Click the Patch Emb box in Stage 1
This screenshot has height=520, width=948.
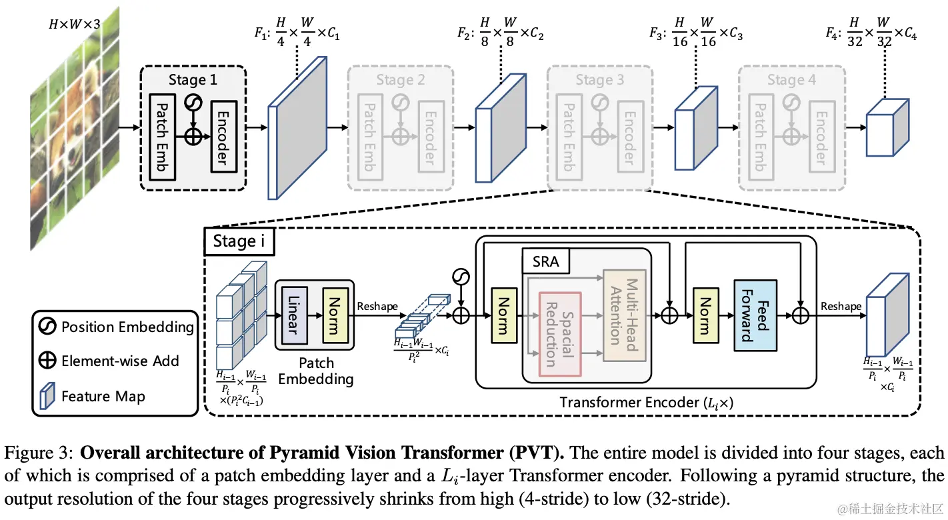pyautogui.click(x=163, y=137)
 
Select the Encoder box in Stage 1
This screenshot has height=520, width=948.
pyautogui.click(x=223, y=137)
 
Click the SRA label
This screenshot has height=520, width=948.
pyautogui.click(x=547, y=262)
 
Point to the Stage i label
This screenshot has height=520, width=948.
pyautogui.click(x=238, y=241)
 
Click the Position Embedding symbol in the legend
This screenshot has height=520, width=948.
pyautogui.click(x=47, y=327)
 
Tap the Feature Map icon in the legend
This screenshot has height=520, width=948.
pyautogui.click(x=47, y=396)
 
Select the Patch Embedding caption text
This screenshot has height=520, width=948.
pyautogui.click(x=315, y=371)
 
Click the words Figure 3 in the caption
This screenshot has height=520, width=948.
pyautogui.click(x=37, y=453)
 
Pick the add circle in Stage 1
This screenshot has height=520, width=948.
pyautogui.click(x=193, y=137)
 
